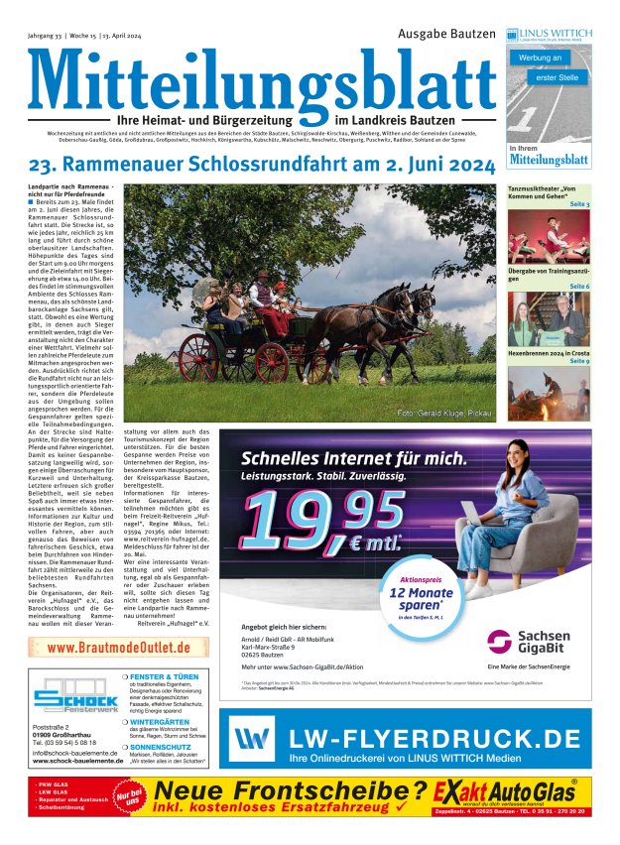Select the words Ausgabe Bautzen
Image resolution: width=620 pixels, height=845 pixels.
[x=445, y=34]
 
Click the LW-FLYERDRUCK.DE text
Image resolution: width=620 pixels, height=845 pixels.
[x=434, y=738]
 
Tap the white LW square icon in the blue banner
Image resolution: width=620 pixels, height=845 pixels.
[x=255, y=739]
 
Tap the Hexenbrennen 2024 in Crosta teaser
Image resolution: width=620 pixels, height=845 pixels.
[x=548, y=352]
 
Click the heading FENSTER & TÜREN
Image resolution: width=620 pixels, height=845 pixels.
[x=169, y=675]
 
